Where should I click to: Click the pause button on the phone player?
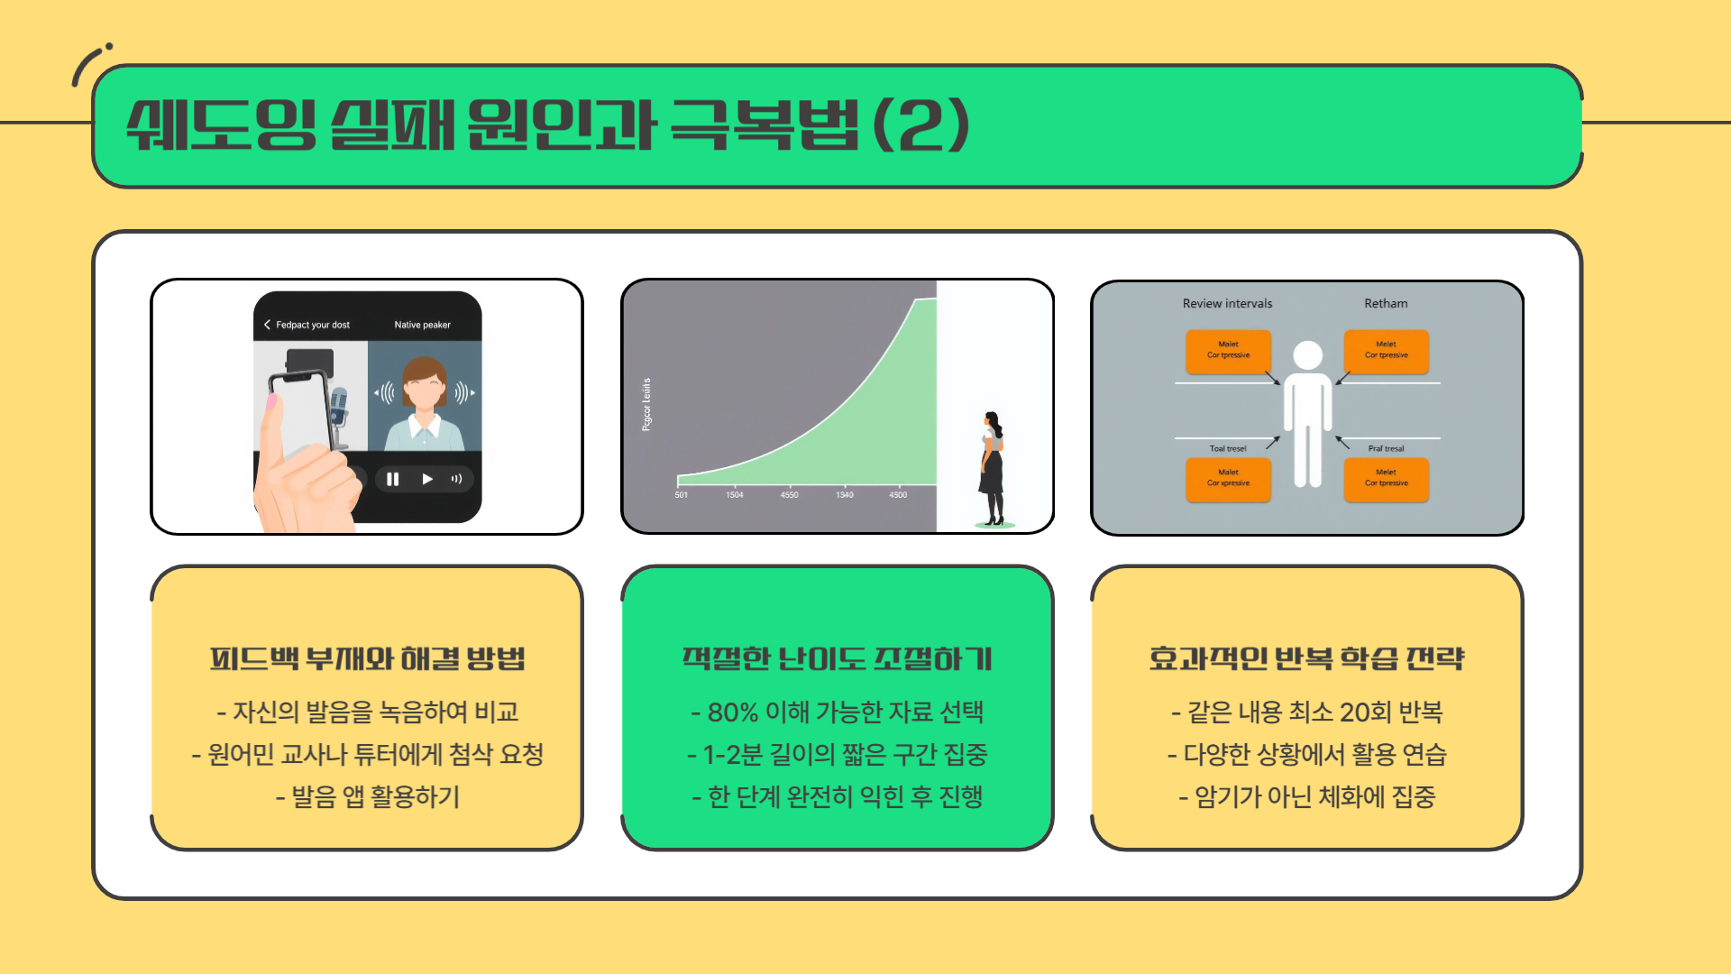[x=392, y=479]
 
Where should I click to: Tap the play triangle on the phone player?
[x=427, y=479]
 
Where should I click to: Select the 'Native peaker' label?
[x=422, y=325]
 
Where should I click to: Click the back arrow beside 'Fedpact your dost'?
[x=267, y=325]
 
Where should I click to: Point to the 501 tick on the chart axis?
[x=682, y=494]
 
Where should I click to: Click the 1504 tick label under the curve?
[x=735, y=494]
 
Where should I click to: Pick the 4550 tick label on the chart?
[x=789, y=494]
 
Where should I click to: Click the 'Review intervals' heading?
[x=1227, y=304]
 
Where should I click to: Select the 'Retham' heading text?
[x=1386, y=304]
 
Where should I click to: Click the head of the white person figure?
[x=1307, y=355]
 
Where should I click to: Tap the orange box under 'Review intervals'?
[x=1228, y=351]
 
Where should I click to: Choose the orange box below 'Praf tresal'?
[x=1386, y=479]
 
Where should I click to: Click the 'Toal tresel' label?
[x=1227, y=448]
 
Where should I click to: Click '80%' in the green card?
[x=732, y=712]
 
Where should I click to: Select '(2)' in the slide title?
[x=921, y=125]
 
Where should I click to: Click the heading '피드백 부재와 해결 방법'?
[x=367, y=659]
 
